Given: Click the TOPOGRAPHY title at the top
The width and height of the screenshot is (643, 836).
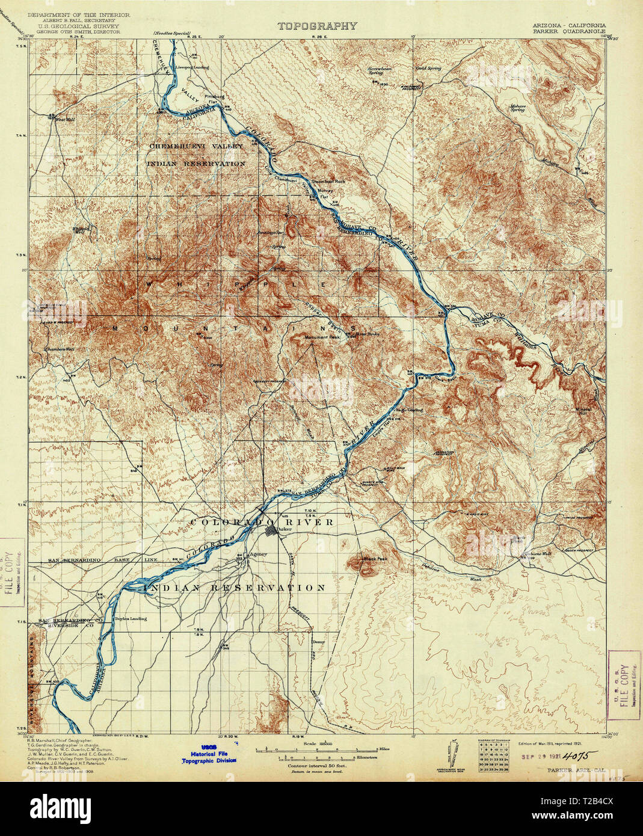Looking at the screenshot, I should pos(317,26).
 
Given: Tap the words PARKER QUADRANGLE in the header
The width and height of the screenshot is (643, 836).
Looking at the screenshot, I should pos(569,32).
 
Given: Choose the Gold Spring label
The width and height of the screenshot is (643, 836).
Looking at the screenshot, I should pos(429,69).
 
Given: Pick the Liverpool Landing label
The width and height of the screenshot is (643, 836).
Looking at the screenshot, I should pos(192,67).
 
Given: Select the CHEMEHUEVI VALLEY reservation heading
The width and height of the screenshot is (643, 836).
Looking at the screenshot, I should pos(196,146).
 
